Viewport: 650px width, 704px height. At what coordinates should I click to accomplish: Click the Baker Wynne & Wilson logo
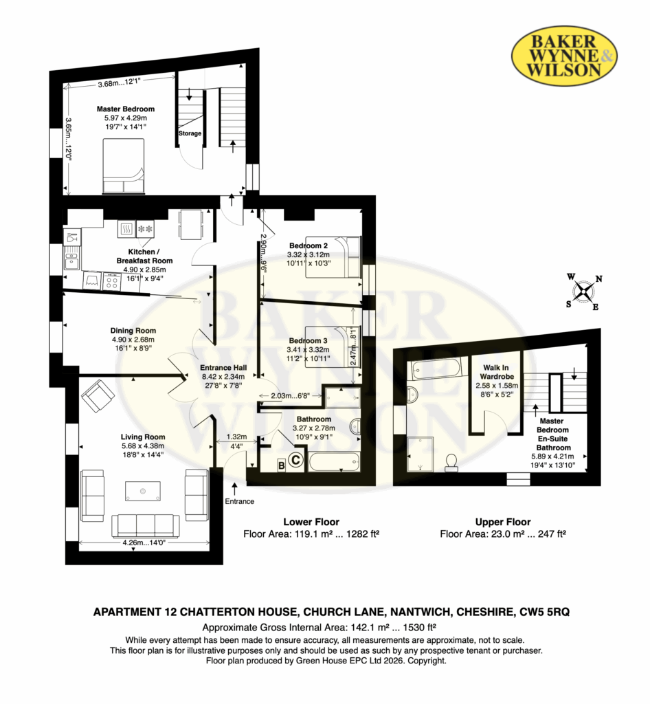coord(564,55)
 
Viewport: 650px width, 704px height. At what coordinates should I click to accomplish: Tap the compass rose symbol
coord(584,291)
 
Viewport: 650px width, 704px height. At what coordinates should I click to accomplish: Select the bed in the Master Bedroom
coord(124,166)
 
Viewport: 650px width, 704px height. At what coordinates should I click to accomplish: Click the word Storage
coord(190,133)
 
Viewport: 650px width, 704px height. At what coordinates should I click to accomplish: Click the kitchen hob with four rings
coord(112,282)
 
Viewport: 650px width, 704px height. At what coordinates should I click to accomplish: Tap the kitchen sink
coord(71,259)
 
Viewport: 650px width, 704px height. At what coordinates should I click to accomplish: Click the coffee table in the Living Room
coord(143,491)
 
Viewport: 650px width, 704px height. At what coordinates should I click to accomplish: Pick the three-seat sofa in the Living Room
coord(146,526)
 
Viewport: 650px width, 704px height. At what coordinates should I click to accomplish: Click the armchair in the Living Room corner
coord(98,395)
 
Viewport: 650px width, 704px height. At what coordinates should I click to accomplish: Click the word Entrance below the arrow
coord(240,501)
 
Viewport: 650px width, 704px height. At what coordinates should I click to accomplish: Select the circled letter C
coord(295,460)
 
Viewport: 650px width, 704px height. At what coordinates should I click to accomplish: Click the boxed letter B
coord(282,465)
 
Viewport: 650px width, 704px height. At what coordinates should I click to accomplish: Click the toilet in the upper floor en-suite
coord(451,463)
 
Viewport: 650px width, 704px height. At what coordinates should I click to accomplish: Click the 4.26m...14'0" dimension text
coord(144,542)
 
